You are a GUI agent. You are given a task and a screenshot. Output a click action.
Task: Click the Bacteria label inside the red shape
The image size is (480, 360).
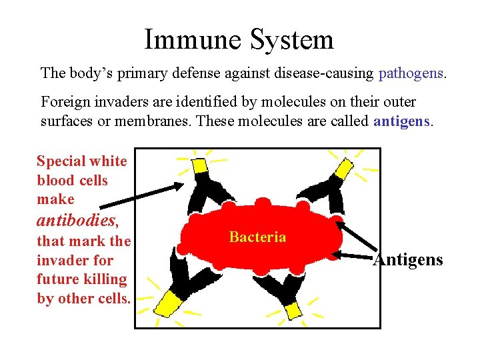point(257,237)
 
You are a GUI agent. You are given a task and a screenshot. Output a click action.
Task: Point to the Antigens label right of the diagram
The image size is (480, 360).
point(408,260)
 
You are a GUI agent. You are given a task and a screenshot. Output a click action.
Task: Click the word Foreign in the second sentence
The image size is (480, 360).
point(63,102)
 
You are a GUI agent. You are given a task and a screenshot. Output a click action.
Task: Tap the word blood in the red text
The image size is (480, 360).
point(53,181)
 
